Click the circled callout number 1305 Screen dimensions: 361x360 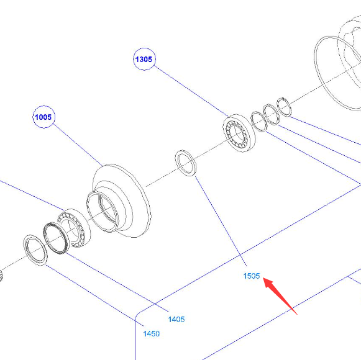[144, 59]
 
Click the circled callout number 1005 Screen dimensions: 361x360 [43, 117]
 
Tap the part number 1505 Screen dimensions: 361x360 [252, 276]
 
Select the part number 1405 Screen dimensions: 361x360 [176, 319]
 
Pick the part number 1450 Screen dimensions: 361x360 [151, 333]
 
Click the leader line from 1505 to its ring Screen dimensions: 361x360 [221, 221]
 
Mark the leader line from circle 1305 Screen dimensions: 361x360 [191, 91]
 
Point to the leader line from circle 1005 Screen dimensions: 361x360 [78, 145]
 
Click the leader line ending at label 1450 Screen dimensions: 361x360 [94, 295]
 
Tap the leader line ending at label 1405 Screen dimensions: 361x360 [117, 282]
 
